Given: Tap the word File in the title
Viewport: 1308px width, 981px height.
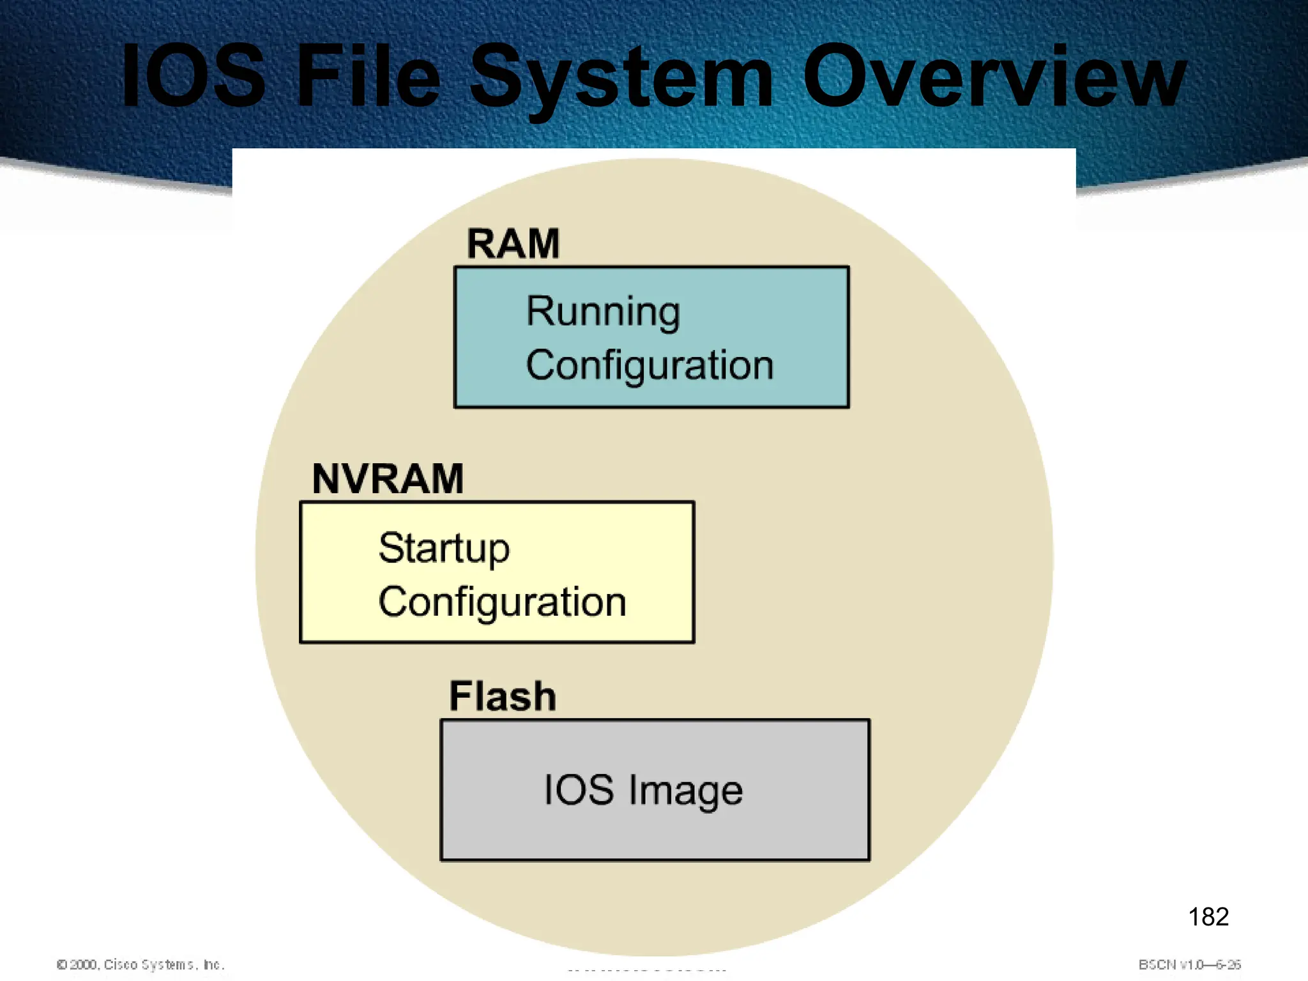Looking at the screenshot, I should click(x=369, y=77).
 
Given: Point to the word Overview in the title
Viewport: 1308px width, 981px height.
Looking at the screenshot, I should click(x=994, y=77).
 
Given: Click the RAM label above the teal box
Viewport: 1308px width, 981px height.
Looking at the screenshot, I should click(x=513, y=244).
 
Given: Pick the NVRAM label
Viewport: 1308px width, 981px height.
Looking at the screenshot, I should click(x=388, y=479).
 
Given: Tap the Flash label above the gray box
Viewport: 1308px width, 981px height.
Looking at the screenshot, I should click(x=503, y=696).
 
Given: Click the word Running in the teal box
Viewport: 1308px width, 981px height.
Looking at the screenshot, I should click(x=603, y=312).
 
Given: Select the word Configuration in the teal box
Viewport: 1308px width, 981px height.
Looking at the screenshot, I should click(x=650, y=366).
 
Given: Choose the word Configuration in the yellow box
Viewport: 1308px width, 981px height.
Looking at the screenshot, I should click(x=502, y=602).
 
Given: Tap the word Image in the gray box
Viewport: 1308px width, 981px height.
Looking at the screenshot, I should click(x=686, y=791).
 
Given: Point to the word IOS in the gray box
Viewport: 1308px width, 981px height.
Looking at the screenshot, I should click(x=579, y=790).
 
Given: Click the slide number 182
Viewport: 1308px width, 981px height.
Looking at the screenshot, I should click(x=1208, y=917).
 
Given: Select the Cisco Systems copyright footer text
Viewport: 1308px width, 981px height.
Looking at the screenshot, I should click(x=141, y=964).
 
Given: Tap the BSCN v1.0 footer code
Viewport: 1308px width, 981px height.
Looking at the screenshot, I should click(x=1189, y=964).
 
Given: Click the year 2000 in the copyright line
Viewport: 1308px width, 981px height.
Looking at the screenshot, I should click(x=84, y=964).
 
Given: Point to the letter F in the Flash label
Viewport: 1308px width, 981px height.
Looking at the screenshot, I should click(x=460, y=696).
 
